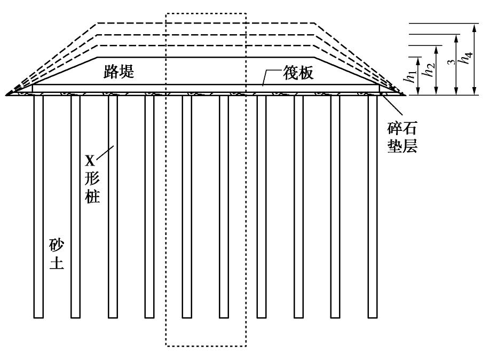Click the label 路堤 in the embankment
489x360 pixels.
tap(119, 73)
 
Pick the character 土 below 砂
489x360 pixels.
tap(56, 263)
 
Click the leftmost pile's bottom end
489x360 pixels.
tap(38, 317)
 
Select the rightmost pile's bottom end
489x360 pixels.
tap(373, 317)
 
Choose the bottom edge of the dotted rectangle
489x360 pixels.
tap(206, 346)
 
